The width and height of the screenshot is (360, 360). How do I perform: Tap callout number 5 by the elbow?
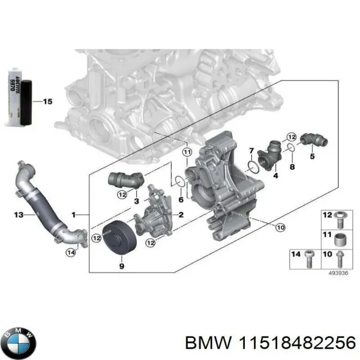pyautogui.click(x=311, y=157)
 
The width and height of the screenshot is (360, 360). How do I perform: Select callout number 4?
pyautogui.click(x=275, y=176)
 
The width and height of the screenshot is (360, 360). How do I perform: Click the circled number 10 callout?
pyautogui.click(x=280, y=227)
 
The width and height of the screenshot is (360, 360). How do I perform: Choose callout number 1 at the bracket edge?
pyautogui.click(x=74, y=214)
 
